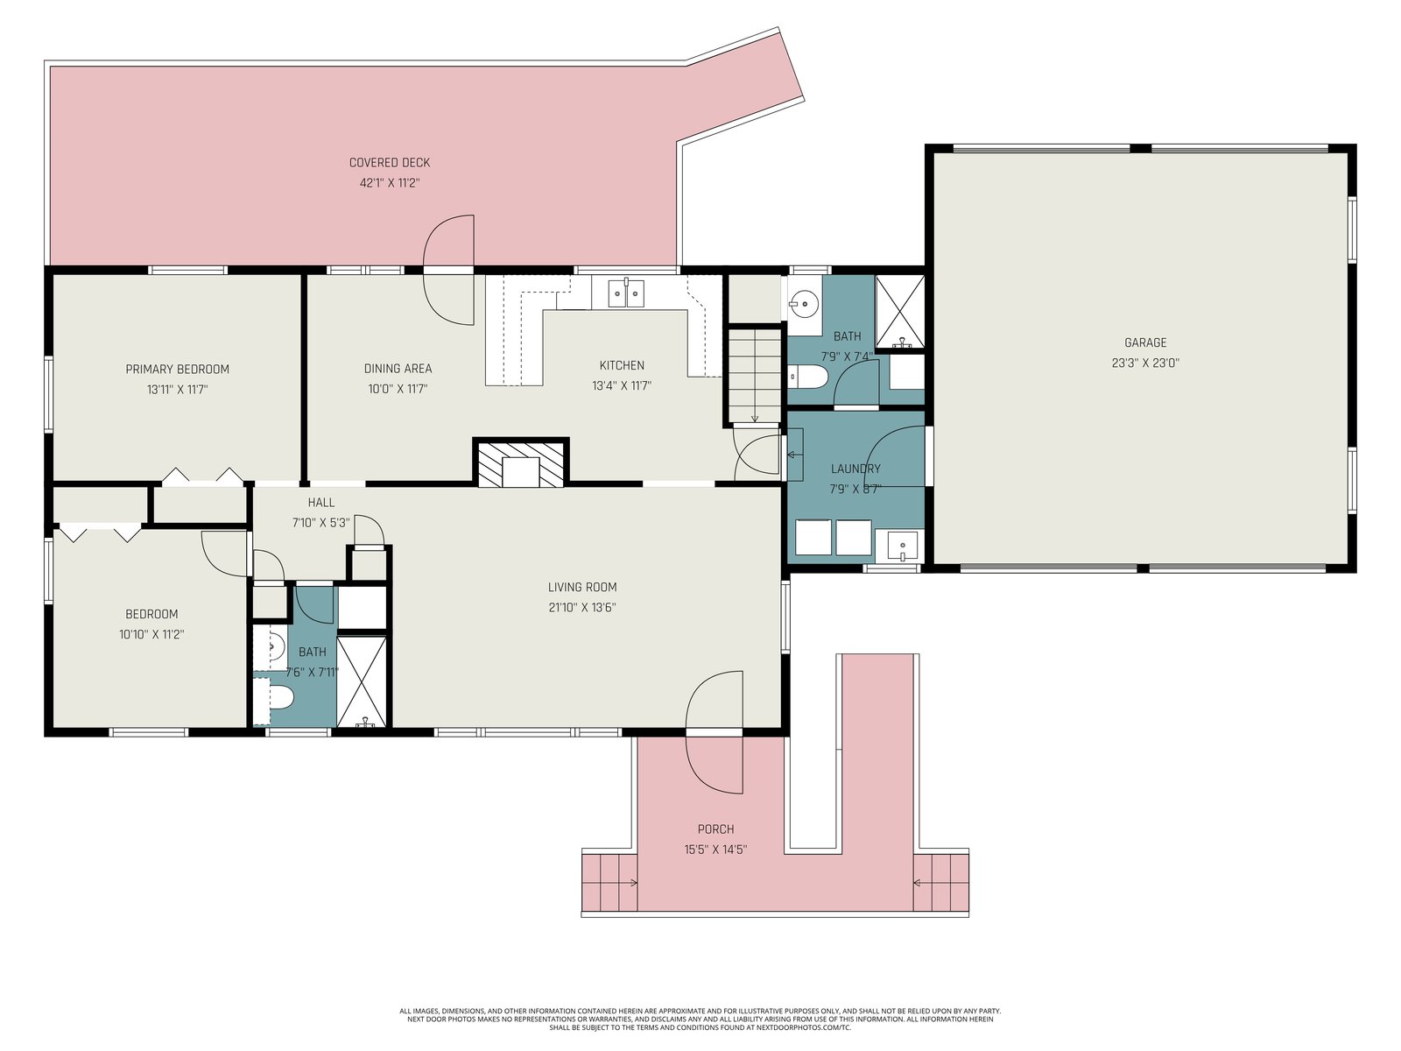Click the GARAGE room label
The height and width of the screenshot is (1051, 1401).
point(1145,342)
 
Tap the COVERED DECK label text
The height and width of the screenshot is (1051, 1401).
point(390,163)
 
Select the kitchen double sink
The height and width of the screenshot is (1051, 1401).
point(625,293)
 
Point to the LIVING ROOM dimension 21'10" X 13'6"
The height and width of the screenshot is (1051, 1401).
point(582,608)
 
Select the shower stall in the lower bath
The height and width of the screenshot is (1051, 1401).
point(362,681)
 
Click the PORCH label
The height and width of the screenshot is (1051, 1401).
point(715,829)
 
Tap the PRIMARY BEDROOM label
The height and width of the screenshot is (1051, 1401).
point(178,369)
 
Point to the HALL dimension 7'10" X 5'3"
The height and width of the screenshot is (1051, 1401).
point(321,523)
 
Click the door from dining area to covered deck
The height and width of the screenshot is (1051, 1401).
point(448,271)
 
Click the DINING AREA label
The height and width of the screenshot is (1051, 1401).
point(398,369)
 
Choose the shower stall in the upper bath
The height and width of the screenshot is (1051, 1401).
point(900,312)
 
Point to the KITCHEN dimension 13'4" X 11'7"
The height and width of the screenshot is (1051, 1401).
point(622,386)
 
